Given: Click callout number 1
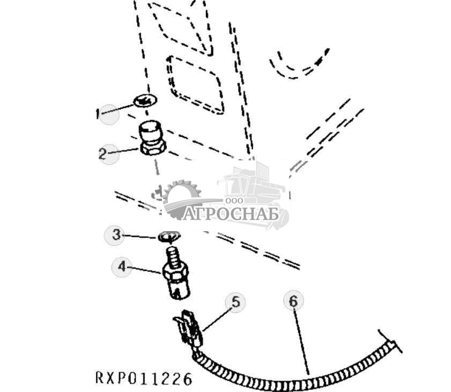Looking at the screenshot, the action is point(98,114).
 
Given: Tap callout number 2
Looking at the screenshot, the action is point(102,154).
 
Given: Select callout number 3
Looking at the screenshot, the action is point(116,235).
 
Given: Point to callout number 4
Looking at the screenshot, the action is point(122,267).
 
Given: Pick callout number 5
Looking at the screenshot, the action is point(236,302).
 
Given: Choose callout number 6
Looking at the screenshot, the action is point(293,301).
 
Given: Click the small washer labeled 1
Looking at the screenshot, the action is point(145,101).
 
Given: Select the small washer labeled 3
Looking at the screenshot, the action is point(169,237).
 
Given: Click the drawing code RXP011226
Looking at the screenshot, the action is point(144,378).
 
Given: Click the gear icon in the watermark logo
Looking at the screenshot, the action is point(181,198).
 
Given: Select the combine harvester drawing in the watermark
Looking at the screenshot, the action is point(253,193).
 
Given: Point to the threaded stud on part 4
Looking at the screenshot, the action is point(173,256).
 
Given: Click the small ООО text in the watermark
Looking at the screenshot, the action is point(234,201).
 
